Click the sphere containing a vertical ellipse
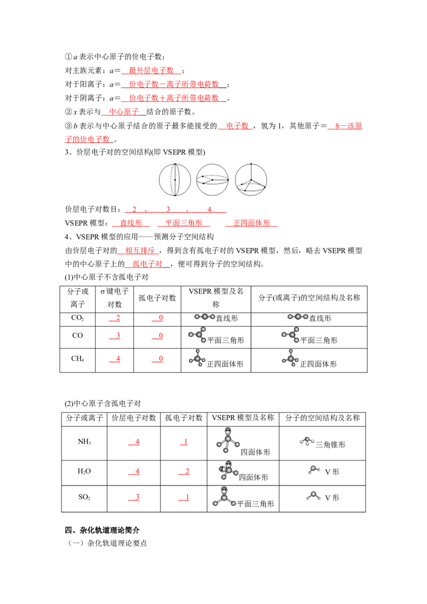pos(175,179)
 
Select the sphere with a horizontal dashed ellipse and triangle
pos(212,179)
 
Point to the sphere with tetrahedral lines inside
pos(251,179)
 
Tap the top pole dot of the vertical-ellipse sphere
pos(175,164)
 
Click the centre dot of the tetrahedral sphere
pos(251,180)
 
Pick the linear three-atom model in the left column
pos(205,317)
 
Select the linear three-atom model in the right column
pos(298,317)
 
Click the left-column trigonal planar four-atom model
pos(196,336)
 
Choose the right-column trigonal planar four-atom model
pos(290,336)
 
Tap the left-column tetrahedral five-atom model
pos(196,358)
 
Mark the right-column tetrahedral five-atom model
pos(290,358)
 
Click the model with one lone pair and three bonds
pos(228,440)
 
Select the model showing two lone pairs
pos(227,471)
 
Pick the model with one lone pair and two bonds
pos(224,497)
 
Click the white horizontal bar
pos(339,438)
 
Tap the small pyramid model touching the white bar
pos(307,440)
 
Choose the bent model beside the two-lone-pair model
pos(314,470)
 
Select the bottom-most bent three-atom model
pos(314,497)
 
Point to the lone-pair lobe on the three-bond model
pos(228,431)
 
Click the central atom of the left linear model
pos(205,317)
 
